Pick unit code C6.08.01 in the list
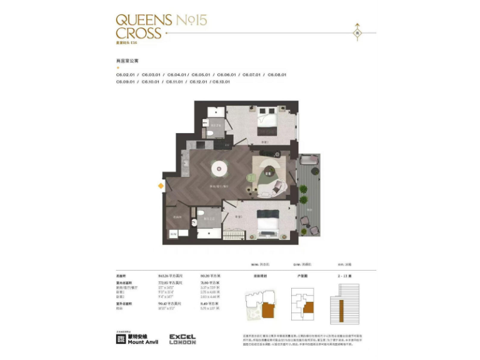tap(277, 74)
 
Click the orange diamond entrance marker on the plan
tap(161, 186)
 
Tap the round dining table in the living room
tap(220, 167)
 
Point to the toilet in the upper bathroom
tap(212, 132)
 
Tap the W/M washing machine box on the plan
tap(174, 234)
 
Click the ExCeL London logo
tap(182, 339)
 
